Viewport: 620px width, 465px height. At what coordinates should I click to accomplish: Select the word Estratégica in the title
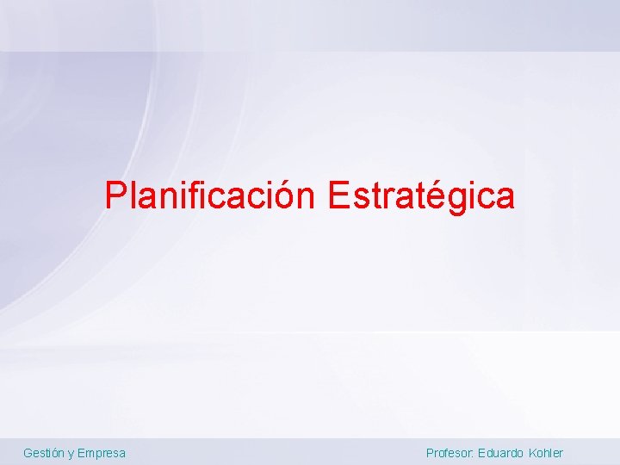click(x=420, y=196)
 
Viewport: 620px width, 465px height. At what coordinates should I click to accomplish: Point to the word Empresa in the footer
click(x=102, y=453)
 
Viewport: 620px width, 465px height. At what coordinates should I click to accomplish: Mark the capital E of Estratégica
click(x=338, y=196)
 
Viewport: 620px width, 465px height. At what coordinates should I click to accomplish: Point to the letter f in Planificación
click(x=195, y=195)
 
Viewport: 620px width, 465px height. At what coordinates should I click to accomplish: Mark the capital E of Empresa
click(x=81, y=453)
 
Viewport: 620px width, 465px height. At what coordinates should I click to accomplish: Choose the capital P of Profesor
click(x=430, y=453)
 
